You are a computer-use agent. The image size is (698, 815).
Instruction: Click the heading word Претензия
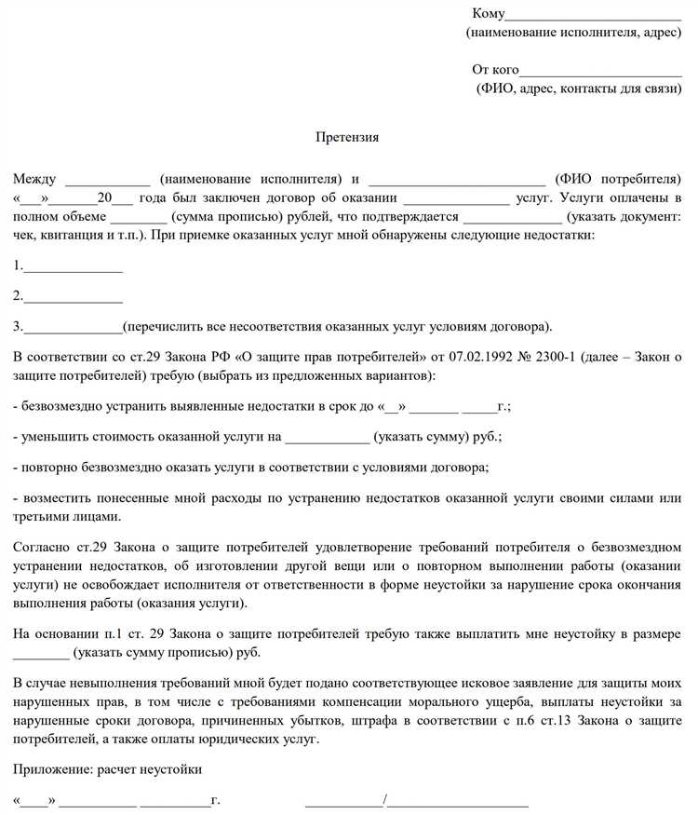coord(349,137)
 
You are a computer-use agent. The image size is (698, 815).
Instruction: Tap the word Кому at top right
coord(489,14)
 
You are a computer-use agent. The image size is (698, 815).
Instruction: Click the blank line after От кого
coord(600,71)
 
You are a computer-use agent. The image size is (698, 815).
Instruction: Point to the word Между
coord(35,178)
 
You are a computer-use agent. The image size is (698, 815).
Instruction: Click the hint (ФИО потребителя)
coord(618,178)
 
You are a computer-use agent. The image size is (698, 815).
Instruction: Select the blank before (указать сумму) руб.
coord(327,437)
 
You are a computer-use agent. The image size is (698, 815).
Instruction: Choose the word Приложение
coord(52,769)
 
